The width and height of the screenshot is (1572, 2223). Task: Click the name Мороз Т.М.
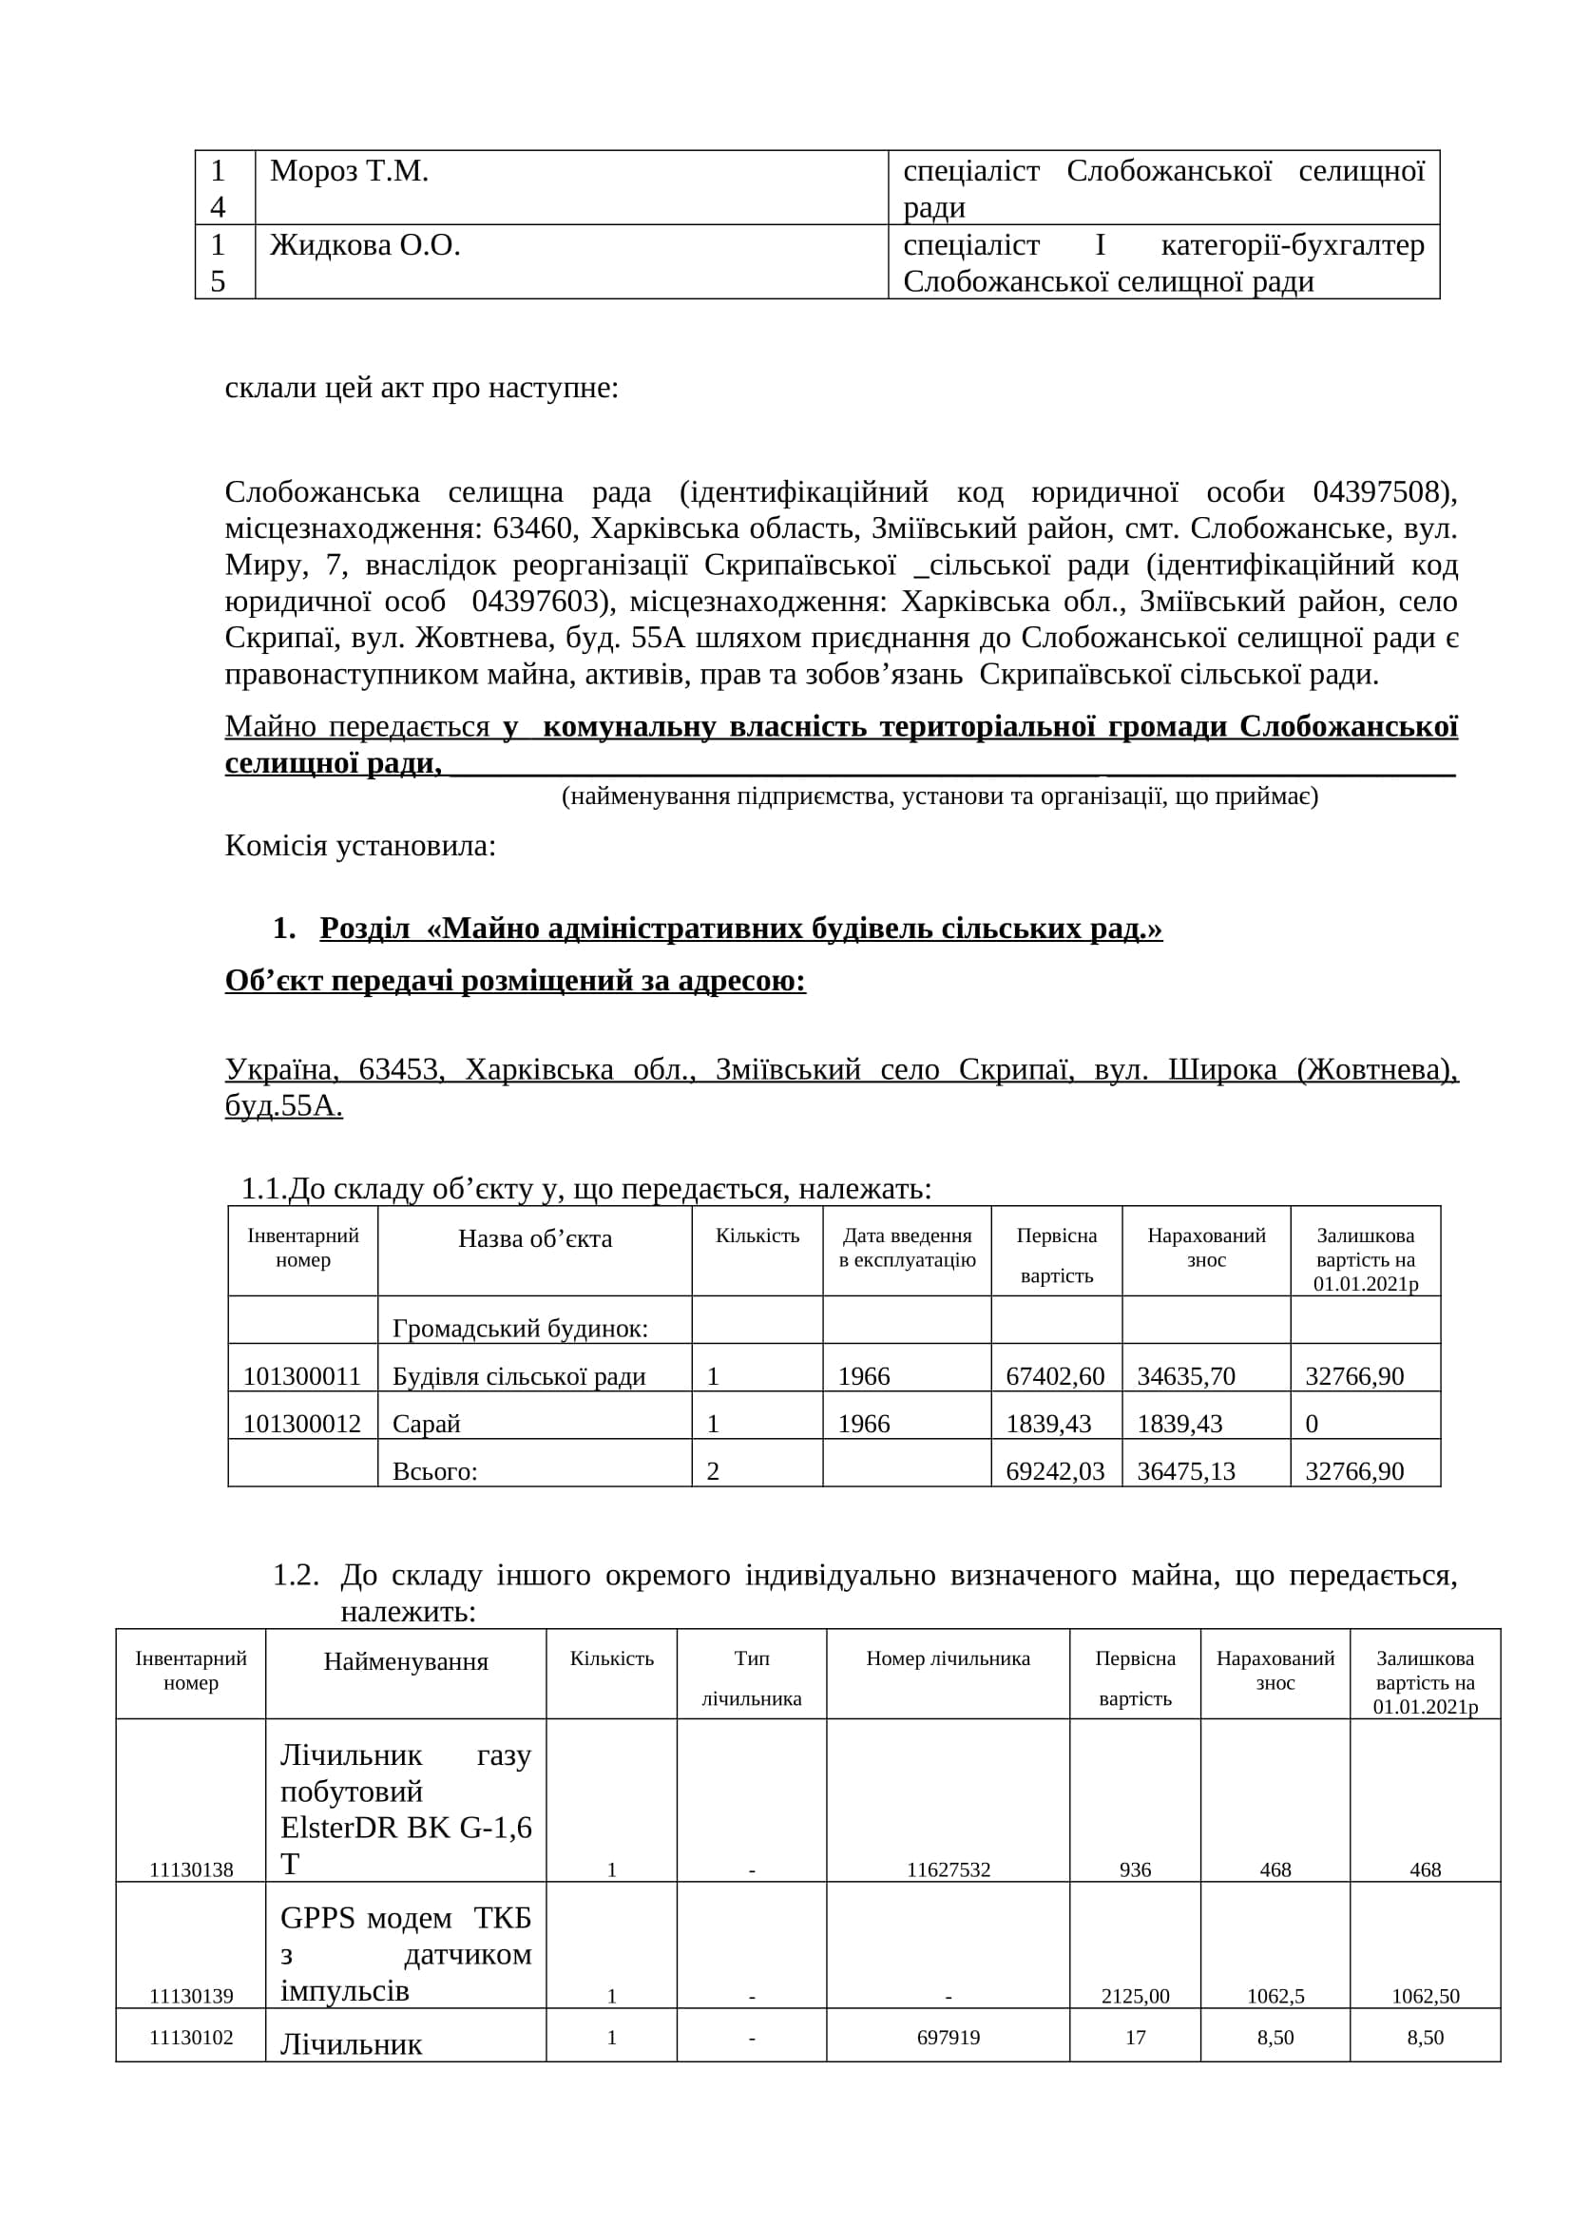349,171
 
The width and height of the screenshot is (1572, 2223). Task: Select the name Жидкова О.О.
365,246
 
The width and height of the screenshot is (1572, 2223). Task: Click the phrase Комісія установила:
360,845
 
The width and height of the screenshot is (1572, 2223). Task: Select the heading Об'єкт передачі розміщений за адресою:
515,981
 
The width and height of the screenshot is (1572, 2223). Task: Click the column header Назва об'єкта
534,1238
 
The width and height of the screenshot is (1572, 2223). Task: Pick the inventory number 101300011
302,1376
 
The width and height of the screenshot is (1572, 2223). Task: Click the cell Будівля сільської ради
519,1376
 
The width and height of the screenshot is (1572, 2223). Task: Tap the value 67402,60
1055,1376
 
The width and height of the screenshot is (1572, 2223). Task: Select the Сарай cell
426,1424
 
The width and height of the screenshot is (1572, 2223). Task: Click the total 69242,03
1055,1470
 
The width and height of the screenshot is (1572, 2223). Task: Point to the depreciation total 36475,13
1186,1470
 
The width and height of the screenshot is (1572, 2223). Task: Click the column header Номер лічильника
948,1658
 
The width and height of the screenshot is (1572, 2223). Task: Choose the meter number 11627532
948,1869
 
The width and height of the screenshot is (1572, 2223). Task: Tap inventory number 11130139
191,1996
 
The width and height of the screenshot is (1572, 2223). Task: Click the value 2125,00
1135,1996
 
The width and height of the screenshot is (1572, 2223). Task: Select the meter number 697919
948,2037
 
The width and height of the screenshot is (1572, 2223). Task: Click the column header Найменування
406,1661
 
